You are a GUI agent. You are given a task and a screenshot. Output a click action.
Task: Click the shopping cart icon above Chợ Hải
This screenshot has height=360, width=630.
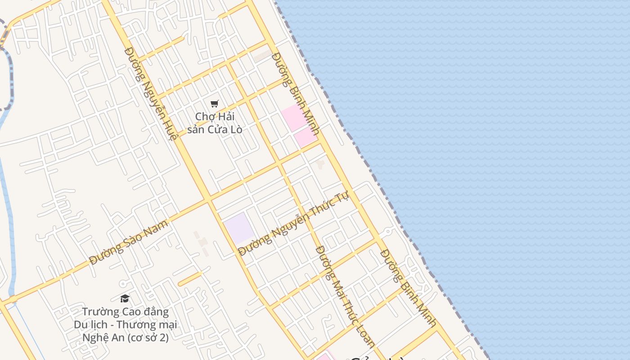[215, 104]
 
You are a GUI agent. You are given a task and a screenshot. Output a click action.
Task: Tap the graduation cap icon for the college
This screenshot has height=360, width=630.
[125, 298]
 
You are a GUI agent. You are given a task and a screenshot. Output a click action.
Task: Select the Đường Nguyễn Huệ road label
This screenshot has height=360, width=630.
[149, 93]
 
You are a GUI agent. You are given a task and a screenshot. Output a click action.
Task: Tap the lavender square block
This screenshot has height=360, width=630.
[238, 228]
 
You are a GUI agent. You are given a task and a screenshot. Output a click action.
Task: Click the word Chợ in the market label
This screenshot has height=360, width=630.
[203, 117]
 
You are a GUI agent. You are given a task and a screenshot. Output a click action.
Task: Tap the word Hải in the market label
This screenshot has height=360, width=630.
[226, 117]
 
